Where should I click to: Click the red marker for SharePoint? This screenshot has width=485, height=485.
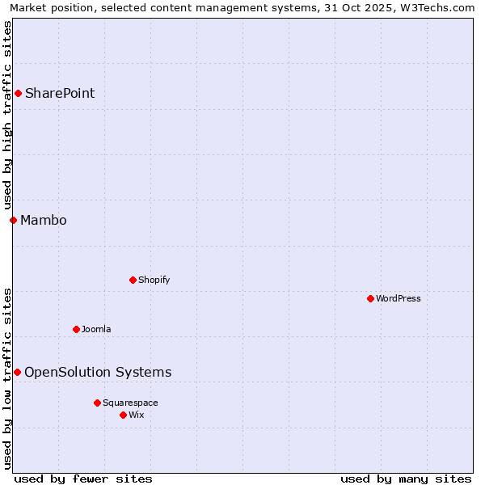(18, 93)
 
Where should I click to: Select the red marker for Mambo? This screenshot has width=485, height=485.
(13, 220)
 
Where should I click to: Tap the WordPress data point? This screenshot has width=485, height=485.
(370, 298)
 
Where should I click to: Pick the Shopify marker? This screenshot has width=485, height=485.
(133, 280)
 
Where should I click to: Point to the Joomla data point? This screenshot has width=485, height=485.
(76, 329)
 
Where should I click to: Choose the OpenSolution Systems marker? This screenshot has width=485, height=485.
(17, 372)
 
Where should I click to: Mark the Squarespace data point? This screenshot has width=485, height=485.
(97, 403)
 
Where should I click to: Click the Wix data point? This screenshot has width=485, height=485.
(123, 415)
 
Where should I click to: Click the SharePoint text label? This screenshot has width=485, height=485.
(60, 93)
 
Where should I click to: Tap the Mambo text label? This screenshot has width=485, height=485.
(44, 220)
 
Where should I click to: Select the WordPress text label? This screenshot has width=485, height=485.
(399, 298)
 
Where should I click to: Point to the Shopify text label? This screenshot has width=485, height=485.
(154, 280)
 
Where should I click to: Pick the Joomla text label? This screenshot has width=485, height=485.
(96, 329)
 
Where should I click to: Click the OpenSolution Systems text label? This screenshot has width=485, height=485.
(98, 372)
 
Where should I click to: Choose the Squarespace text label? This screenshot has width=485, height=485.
(130, 403)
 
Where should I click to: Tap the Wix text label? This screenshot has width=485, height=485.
(137, 415)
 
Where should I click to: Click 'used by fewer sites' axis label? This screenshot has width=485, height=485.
(83, 479)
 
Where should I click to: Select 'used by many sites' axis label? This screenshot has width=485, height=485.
(406, 479)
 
